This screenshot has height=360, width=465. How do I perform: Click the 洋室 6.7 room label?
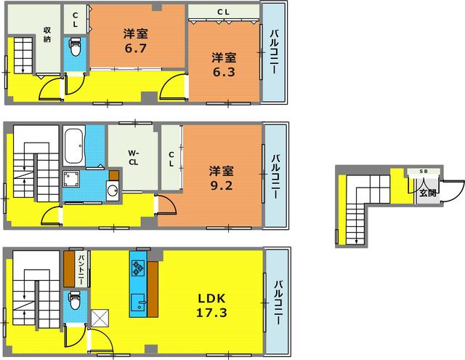click(136, 41)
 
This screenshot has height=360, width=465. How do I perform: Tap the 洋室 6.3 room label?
click(224, 65)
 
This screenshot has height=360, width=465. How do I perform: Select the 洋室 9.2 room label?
click(221, 178)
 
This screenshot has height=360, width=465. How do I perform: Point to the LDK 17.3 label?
click(211, 305)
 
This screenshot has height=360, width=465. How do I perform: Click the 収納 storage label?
click(46, 34)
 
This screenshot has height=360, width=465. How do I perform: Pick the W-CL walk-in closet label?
click(133, 158)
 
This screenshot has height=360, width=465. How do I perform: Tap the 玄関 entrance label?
click(428, 193)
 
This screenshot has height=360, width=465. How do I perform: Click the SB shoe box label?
click(424, 171)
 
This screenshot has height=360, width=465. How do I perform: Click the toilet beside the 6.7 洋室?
click(75, 47)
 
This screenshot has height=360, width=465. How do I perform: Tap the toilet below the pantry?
click(74, 300)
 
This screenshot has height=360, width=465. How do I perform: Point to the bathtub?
click(73, 145)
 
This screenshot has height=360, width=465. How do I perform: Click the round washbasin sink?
click(113, 191)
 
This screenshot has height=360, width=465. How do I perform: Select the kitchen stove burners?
click(138, 268)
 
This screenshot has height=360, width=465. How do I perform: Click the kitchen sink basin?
click(138, 303)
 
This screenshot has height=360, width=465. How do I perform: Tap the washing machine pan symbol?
click(71, 178)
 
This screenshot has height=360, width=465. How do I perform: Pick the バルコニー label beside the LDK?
click(278, 303)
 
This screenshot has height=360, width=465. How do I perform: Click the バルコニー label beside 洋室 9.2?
click(275, 176)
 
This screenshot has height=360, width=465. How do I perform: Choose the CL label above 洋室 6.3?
click(223, 12)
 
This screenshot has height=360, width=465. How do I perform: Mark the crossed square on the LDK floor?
click(100, 318)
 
